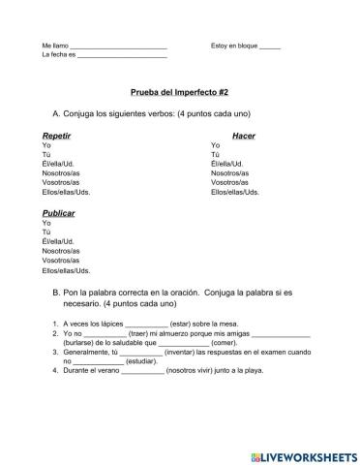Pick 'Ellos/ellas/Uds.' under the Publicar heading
point(66,270)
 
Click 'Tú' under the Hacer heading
point(215,155)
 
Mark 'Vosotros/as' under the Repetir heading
point(61,182)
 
